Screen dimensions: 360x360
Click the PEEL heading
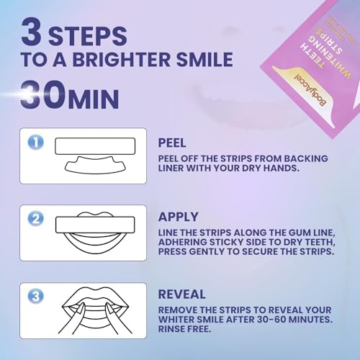pos(174,143)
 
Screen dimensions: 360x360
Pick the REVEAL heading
pos(181,294)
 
